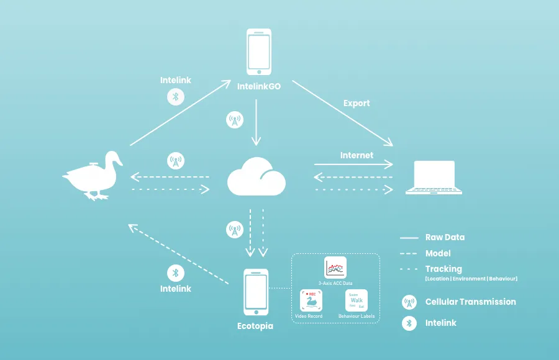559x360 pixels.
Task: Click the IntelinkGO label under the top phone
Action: point(259,87)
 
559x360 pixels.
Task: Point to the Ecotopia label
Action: point(255,326)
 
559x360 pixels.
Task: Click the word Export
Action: point(357,103)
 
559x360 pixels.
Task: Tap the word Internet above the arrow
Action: point(357,155)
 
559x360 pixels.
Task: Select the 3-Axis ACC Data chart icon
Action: point(335,268)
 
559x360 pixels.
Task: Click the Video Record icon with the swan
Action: point(311,301)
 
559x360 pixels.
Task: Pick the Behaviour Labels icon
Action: point(357,301)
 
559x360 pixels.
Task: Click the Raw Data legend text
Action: point(445,237)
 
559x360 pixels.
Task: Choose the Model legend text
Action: point(438,253)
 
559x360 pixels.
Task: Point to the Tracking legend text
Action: point(443,269)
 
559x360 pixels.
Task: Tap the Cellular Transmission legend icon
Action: point(409,302)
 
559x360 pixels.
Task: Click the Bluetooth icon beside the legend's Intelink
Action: point(409,323)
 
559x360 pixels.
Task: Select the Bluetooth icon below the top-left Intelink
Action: point(176,96)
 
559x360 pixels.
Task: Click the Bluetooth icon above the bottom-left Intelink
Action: point(176,273)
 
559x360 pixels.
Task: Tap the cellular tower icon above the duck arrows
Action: point(176,162)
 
